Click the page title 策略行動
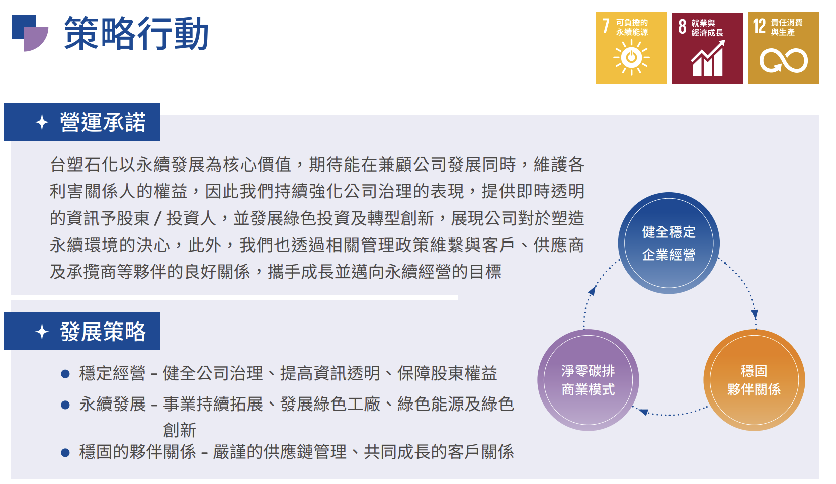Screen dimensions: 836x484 [136, 33]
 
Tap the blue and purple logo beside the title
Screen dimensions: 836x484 [30, 33]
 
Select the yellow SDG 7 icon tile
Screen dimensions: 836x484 [631, 48]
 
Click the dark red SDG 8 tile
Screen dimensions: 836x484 [707, 48]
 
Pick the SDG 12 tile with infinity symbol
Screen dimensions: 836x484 [784, 48]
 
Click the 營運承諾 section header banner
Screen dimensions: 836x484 [82, 122]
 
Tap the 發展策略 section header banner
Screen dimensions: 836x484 [82, 332]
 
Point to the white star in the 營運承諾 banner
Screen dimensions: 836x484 [42, 122]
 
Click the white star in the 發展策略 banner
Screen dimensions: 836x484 [42, 332]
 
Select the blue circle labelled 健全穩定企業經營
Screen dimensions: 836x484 [669, 243]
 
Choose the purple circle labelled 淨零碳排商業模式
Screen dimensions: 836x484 [588, 380]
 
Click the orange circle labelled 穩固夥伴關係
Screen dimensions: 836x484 [755, 380]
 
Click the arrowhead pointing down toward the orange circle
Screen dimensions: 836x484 [755, 314]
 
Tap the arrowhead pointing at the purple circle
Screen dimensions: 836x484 [643, 412]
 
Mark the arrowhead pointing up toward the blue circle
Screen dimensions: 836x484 [592, 291]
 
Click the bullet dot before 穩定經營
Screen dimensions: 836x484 [65, 374]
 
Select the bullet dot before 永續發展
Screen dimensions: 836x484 [65, 405]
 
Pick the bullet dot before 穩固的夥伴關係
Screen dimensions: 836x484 [65, 453]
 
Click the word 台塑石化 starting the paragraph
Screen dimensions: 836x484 [84, 165]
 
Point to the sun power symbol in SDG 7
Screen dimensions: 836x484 [631, 57]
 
